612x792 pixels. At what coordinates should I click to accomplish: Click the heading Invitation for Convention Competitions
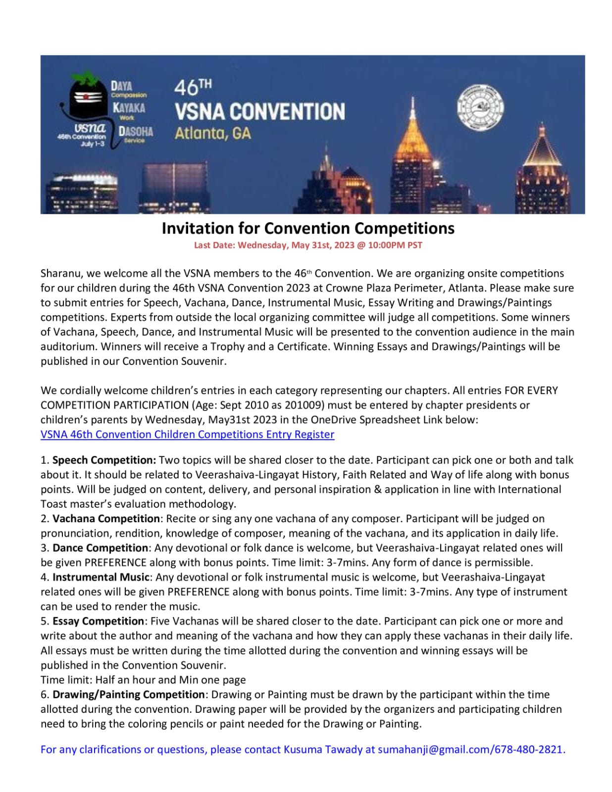tap(308, 228)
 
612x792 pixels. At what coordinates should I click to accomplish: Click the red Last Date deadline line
tap(308, 245)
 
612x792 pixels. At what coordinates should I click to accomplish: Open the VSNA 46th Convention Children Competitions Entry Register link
tap(187, 435)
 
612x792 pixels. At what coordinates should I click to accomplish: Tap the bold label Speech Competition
tap(104, 460)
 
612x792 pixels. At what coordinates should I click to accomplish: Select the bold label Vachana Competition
tap(106, 519)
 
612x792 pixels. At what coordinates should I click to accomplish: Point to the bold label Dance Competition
tap(100, 548)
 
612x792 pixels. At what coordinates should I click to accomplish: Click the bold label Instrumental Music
tap(101, 577)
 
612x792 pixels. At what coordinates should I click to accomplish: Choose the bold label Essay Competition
tap(98, 621)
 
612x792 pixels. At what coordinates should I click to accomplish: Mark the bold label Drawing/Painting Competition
tap(128, 694)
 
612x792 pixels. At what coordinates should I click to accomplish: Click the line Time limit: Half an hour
tap(143, 680)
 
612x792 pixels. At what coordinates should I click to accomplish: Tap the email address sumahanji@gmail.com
tap(434, 749)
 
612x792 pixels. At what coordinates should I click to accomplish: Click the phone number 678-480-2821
tap(529, 749)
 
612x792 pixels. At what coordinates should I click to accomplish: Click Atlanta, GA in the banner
tap(212, 133)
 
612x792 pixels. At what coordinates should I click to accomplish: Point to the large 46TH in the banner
tap(193, 88)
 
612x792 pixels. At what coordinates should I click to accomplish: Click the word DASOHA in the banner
tap(135, 132)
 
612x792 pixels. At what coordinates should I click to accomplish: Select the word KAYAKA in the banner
tap(129, 107)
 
